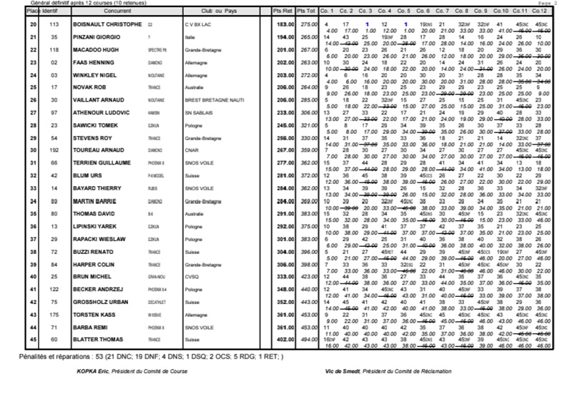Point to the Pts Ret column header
pos(284,12)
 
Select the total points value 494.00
pos(308,340)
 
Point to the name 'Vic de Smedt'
pos(340,371)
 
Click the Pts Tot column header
pos(307,12)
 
